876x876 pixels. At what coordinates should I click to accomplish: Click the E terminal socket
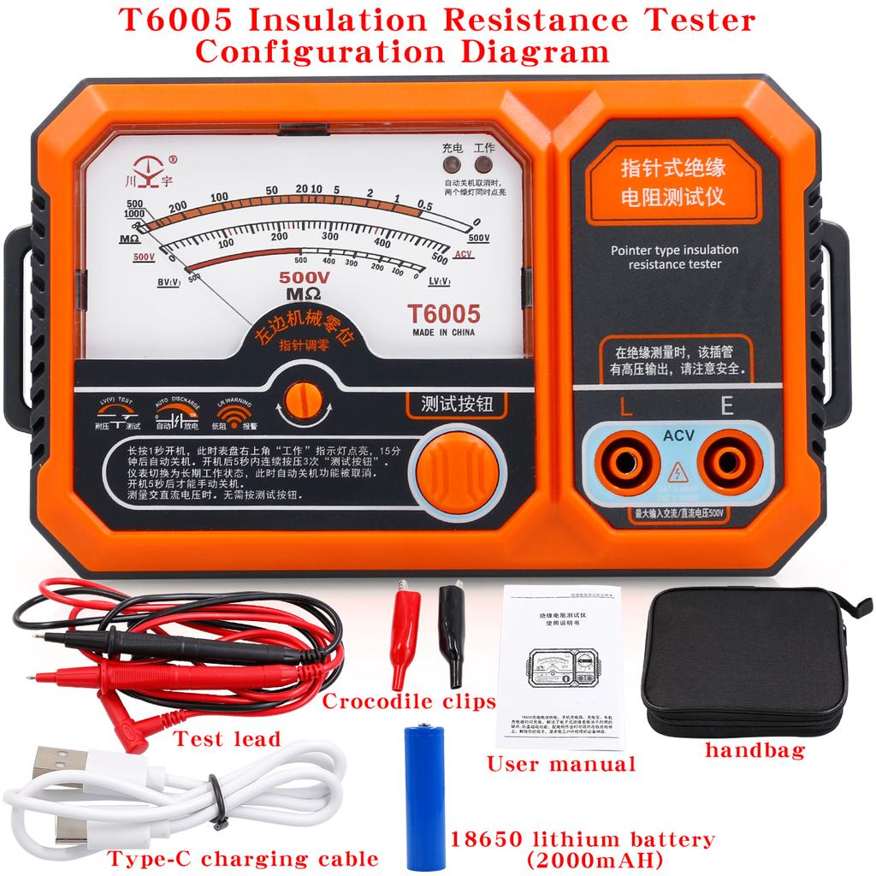coord(727,466)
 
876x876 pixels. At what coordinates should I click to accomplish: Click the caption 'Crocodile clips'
coord(409,702)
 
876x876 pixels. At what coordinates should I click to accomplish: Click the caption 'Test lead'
coord(227,738)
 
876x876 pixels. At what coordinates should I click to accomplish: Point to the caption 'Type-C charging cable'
coord(243,857)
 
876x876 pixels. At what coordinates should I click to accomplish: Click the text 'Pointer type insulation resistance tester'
coord(674,257)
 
